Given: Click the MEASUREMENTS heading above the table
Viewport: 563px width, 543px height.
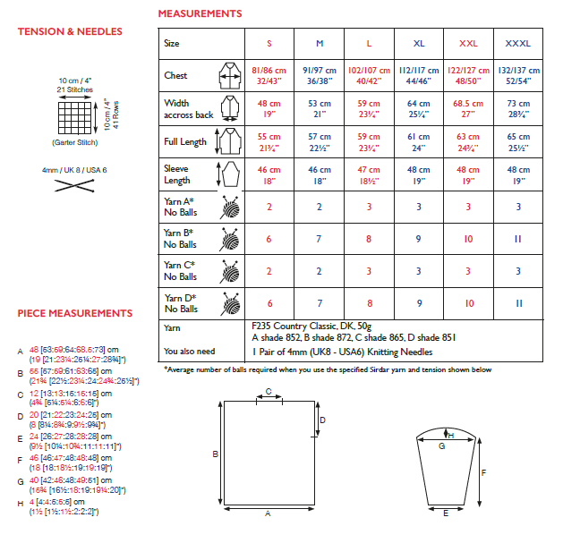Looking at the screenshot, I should click(200, 14).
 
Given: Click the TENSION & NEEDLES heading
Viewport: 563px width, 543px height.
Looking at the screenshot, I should click(70, 32).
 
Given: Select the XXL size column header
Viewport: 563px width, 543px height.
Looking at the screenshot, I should click(468, 43).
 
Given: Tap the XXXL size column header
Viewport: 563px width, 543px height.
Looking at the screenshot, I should click(517, 43).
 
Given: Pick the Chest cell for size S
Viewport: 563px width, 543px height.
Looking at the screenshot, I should click(269, 74).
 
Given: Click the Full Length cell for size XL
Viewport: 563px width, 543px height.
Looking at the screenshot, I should click(419, 141).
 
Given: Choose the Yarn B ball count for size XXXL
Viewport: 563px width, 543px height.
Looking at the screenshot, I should click(517, 239).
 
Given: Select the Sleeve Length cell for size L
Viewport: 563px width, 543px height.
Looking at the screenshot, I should click(369, 174).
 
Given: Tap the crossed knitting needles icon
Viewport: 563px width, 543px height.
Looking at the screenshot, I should click(75, 186).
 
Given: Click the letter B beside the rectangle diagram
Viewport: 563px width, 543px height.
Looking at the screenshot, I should click(215, 454).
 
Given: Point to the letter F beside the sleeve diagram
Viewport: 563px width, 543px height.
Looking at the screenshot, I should click(483, 472).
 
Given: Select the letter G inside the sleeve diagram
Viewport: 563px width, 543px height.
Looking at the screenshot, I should click(441, 445).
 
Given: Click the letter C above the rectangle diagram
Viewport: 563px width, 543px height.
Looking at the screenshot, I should click(269, 391).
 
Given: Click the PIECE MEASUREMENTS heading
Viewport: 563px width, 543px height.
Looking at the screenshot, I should click(75, 313).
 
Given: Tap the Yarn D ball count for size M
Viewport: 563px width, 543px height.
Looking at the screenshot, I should click(320, 304).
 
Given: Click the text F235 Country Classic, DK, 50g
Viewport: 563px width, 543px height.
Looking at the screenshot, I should click(317, 327).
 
